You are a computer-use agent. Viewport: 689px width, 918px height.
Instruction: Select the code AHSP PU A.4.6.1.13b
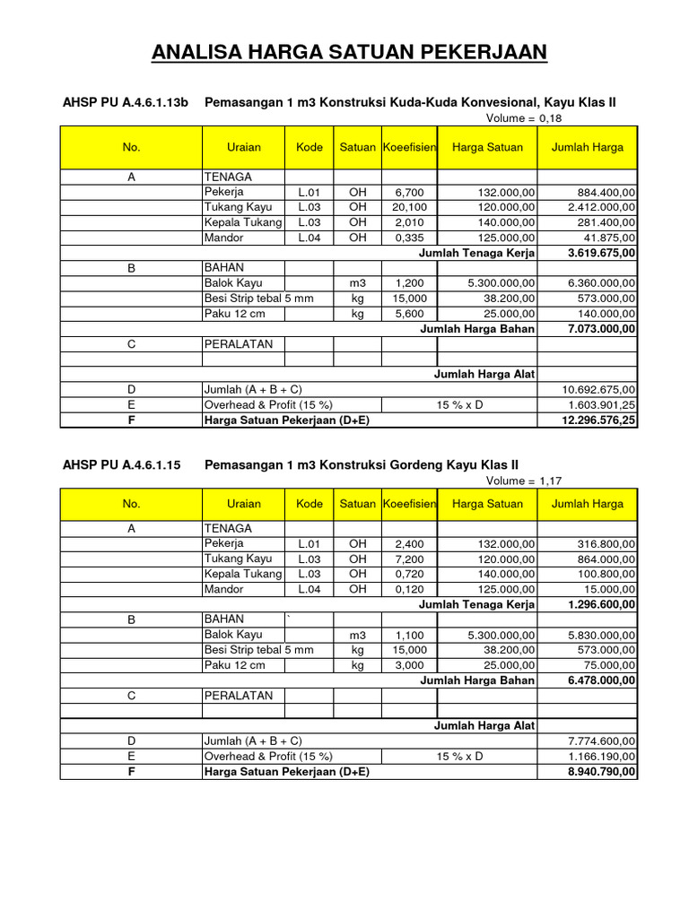[x=126, y=103]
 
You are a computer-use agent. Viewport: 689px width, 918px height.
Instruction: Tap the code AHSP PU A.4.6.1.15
[x=122, y=464]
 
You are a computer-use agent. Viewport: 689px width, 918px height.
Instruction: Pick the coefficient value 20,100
[x=410, y=208]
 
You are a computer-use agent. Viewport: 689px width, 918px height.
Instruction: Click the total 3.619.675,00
[x=602, y=254]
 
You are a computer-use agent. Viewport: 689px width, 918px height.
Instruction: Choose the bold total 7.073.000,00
[x=602, y=330]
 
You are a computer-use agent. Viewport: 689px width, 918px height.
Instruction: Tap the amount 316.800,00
[x=603, y=543]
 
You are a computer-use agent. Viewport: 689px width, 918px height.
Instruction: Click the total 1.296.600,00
[x=602, y=604]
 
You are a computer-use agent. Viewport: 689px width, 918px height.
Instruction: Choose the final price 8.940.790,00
[x=602, y=772]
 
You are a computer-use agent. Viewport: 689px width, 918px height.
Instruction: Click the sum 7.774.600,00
[x=602, y=741]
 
